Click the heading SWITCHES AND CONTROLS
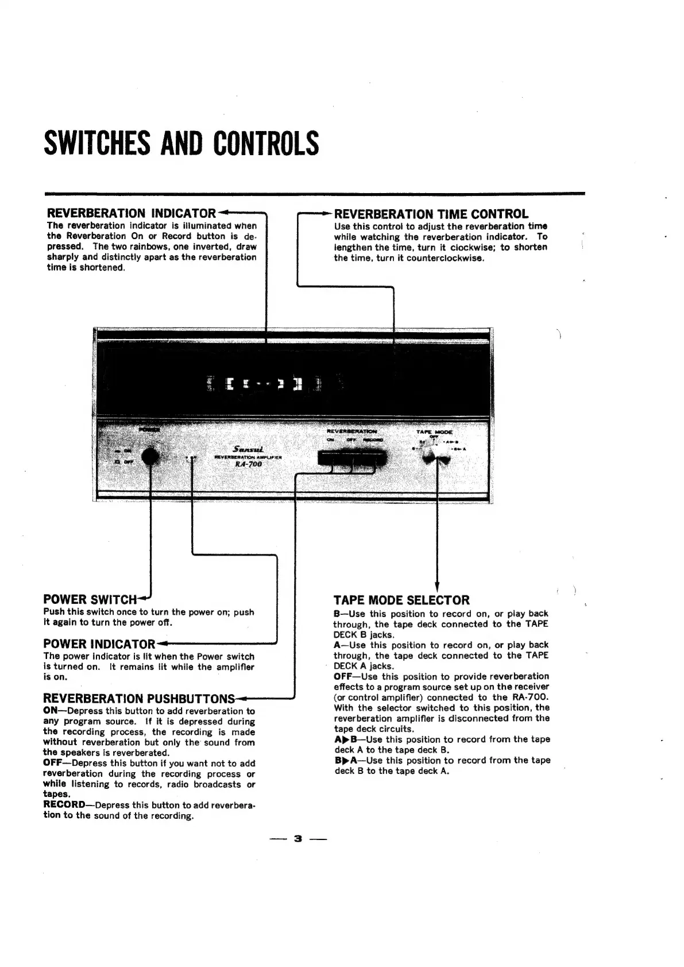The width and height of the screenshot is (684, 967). [x=181, y=144]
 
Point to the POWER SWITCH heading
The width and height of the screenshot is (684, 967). [x=90, y=600]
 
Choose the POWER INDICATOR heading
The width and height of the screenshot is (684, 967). [x=99, y=644]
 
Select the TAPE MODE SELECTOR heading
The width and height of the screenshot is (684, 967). [x=401, y=600]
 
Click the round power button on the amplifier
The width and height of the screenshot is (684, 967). [x=150, y=456]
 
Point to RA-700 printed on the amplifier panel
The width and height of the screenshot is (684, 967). [x=249, y=464]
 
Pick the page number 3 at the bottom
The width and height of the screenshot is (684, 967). [x=297, y=838]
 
